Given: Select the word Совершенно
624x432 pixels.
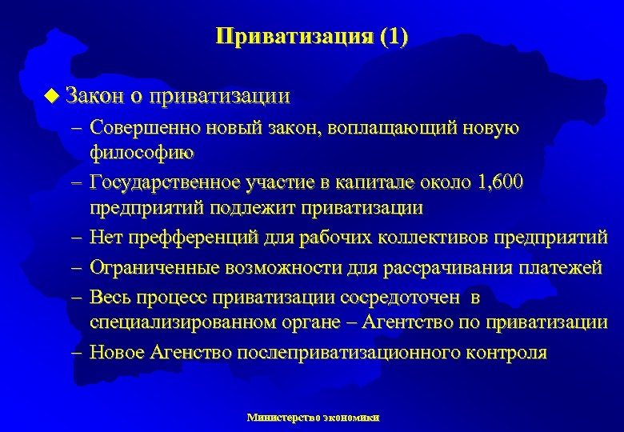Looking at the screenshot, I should click(145, 127).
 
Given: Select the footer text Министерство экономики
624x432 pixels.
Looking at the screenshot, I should click(314, 417).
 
